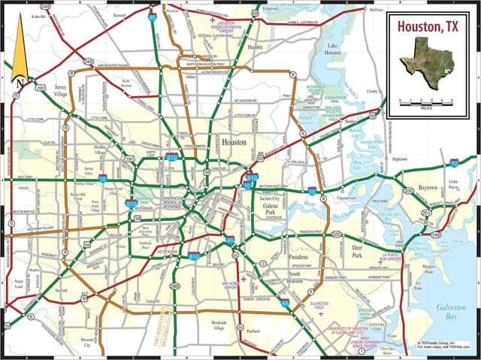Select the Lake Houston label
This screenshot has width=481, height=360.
(333, 50)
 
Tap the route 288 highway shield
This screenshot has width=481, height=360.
(175, 286)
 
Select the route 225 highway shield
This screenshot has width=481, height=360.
(336, 235)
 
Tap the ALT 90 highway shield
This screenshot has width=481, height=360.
(85, 293)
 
